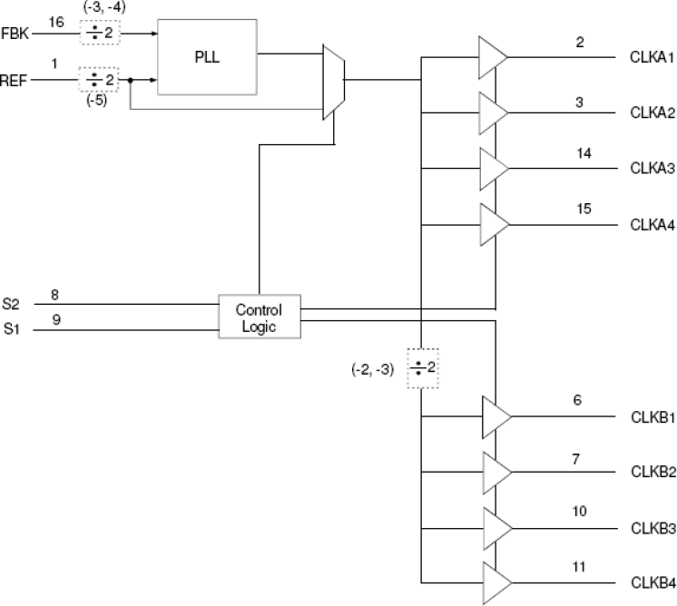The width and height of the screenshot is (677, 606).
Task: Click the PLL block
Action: point(206,55)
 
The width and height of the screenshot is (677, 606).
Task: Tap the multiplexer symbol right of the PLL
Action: point(333,82)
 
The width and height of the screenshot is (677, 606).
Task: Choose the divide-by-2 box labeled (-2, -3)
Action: point(420,368)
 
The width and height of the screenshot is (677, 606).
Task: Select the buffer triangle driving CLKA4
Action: point(492,223)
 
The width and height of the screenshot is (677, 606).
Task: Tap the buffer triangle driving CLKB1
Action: point(495,416)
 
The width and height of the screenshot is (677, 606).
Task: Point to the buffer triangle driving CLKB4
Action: point(495,582)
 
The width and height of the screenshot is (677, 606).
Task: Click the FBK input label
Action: point(16,33)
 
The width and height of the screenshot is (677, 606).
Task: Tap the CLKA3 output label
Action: point(651,169)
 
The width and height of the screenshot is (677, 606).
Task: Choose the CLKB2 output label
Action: point(651,473)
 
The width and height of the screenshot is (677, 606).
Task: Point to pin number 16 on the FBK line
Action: point(55,22)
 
